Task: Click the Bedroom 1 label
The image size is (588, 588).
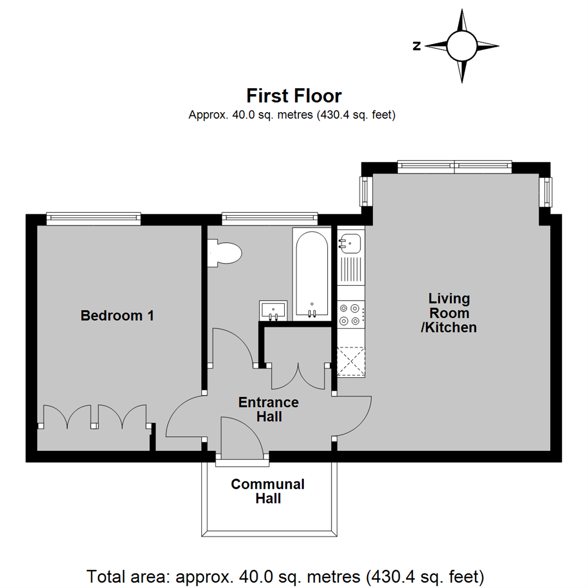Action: click(117, 315)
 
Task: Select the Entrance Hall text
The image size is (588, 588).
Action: click(269, 409)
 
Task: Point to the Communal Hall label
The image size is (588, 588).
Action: click(268, 491)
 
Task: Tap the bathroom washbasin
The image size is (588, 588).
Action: click(273, 310)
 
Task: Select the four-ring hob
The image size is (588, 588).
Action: click(350, 314)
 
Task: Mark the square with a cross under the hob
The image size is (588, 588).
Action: click(351, 362)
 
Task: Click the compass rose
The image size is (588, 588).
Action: click(462, 46)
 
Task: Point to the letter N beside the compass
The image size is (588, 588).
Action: click(416, 46)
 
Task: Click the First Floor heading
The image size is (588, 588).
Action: click(294, 96)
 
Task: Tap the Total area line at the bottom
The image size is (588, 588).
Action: click(285, 575)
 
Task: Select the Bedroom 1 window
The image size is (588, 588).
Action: click(93, 218)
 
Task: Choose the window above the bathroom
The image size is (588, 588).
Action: click(269, 218)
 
